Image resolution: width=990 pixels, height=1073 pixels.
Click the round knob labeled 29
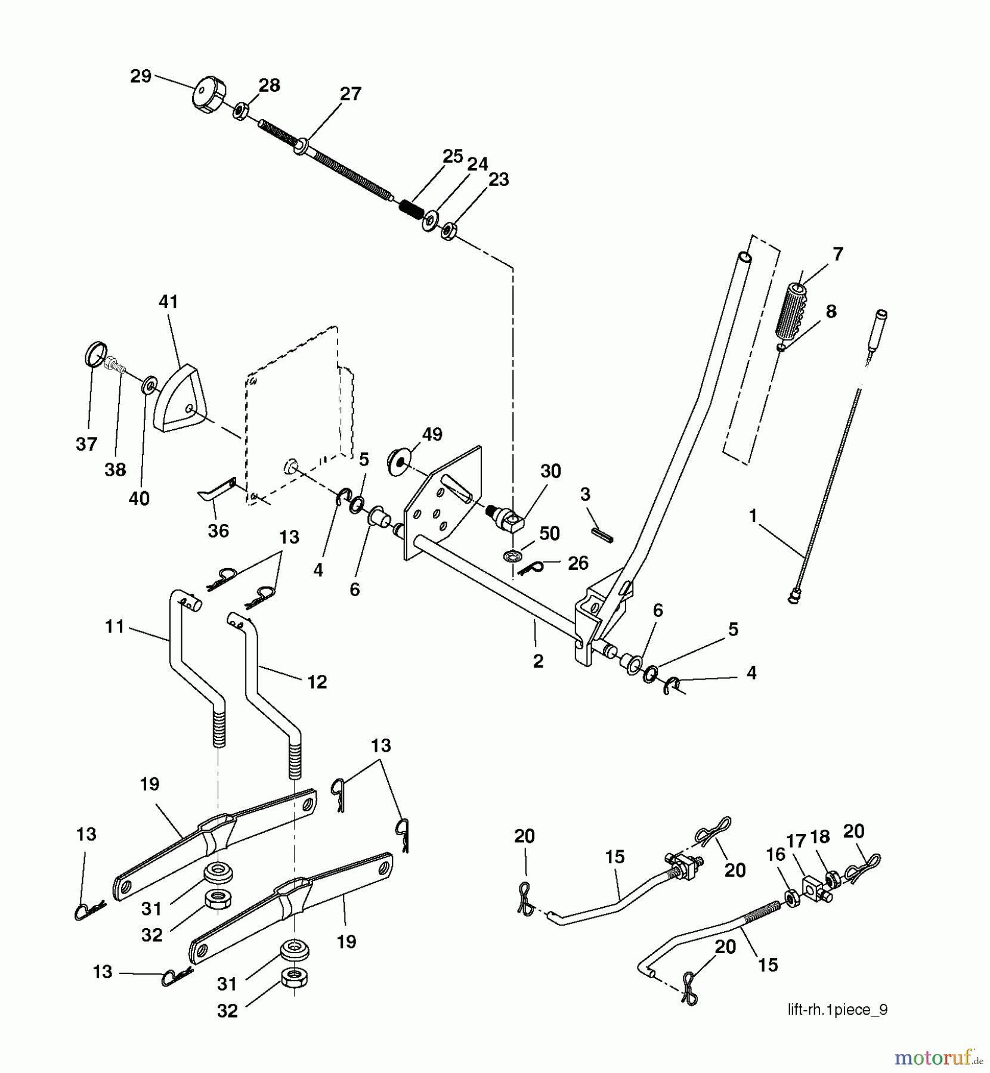pyautogui.click(x=209, y=95)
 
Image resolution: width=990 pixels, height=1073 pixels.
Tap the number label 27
pyautogui.click(x=351, y=94)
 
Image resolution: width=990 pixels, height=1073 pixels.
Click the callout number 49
pyautogui.click(x=432, y=435)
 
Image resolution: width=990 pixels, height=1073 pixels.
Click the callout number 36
pyautogui.click(x=218, y=531)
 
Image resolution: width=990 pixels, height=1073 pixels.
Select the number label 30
pyautogui.click(x=550, y=471)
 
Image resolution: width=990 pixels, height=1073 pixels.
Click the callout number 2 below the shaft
pyautogui.click(x=538, y=661)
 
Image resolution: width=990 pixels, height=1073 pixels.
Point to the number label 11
pyautogui.click(x=115, y=627)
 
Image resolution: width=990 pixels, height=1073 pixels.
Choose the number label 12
pyautogui.click(x=317, y=682)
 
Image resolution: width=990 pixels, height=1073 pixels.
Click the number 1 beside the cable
pyautogui.click(x=753, y=516)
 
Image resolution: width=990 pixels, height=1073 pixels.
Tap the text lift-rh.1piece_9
pyautogui.click(x=837, y=1010)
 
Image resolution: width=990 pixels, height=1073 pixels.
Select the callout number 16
pyautogui.click(x=775, y=855)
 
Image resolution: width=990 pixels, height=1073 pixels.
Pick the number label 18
pyautogui.click(x=821, y=837)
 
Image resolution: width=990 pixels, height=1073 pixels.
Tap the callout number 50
pyautogui.click(x=549, y=533)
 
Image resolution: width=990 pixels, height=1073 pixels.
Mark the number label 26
pyautogui.click(x=578, y=563)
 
